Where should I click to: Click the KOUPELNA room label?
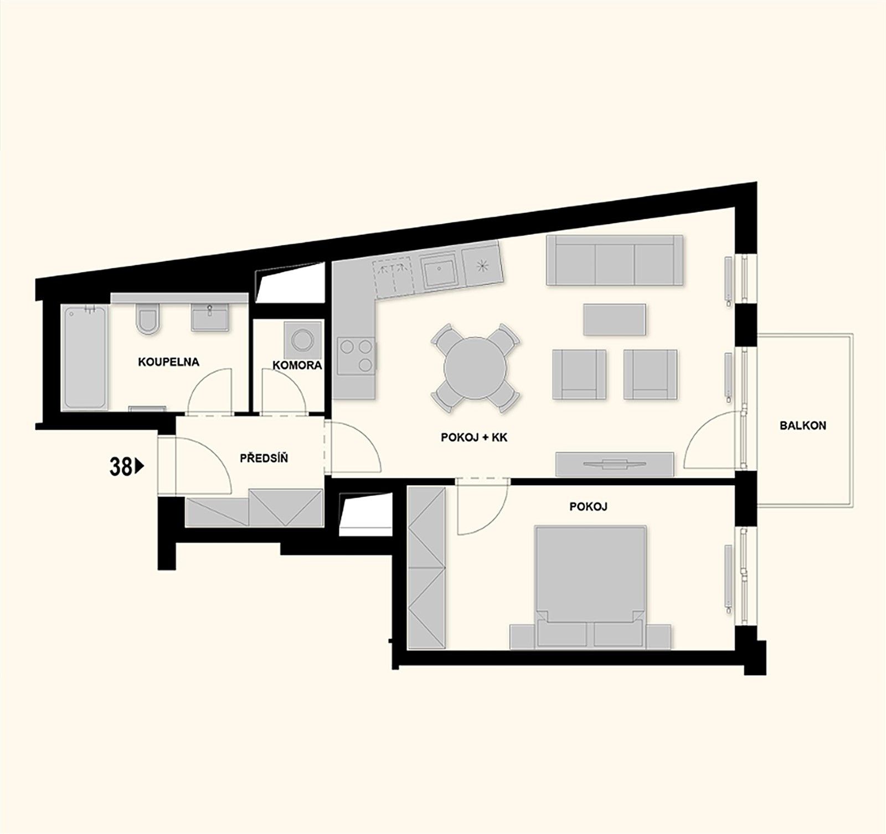point(168,362)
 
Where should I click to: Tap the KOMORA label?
point(297,365)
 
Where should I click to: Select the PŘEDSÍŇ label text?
point(264,459)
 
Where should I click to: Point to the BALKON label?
point(802,425)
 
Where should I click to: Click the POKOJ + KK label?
point(474,437)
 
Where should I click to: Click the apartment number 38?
point(120,467)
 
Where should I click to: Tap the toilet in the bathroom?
point(147,319)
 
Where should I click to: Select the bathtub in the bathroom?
point(84,358)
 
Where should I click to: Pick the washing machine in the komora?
point(302,340)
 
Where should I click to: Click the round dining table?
point(476,368)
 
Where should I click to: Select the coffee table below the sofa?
point(614,320)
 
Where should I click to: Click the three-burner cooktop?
point(356,356)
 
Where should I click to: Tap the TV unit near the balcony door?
point(615,464)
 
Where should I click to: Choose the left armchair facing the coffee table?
point(579,374)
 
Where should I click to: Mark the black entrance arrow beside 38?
point(140,466)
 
